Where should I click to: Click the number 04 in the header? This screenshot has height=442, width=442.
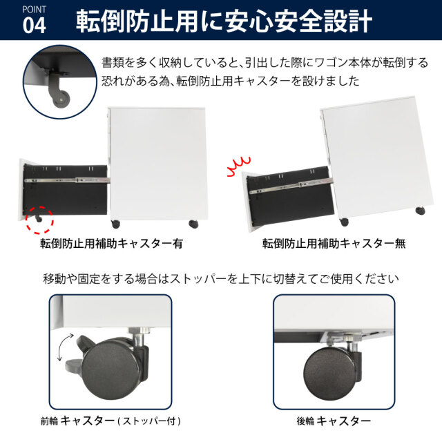34,26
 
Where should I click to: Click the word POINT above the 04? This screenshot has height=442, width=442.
34,10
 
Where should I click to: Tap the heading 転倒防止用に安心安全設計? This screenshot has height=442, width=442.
224,21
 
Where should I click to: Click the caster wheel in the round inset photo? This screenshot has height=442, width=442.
61,99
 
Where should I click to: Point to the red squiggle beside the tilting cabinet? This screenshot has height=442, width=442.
238,166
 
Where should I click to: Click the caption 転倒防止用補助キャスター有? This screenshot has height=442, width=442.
111,244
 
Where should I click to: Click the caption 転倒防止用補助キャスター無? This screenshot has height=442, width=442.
334,244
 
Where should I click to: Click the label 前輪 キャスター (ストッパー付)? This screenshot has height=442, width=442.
110,421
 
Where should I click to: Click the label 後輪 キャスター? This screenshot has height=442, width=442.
334,421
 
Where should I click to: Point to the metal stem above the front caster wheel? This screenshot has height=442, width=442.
138,338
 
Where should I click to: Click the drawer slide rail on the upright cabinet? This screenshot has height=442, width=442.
67,180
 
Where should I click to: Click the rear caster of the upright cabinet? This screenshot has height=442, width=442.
193,224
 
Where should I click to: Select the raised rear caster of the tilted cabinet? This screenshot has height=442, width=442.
421,211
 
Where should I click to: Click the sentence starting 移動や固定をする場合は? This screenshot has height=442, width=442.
221,279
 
